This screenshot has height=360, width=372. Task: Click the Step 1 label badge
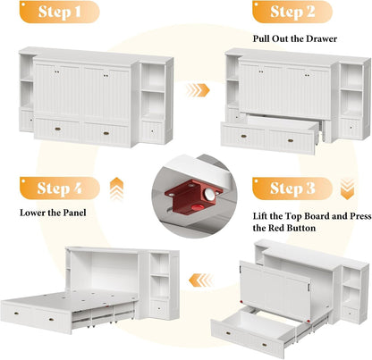pyautogui.click(x=59, y=12)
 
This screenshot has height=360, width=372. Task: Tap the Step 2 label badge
pyautogui.click(x=292, y=12)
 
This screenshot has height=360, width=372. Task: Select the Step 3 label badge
pyautogui.click(x=292, y=188)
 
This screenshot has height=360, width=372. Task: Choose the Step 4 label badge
pyautogui.click(x=60, y=188)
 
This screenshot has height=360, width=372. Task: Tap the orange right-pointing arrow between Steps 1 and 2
pyautogui.click(x=198, y=90)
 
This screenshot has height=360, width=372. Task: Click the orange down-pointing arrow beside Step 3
pyautogui.click(x=347, y=189)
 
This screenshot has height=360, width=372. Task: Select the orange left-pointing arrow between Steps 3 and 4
pyautogui.click(x=201, y=280)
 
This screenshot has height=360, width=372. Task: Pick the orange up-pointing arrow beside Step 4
pyautogui.click(x=116, y=189)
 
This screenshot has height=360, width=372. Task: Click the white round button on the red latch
pyautogui.click(x=209, y=195)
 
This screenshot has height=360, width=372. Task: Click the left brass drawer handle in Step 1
pyautogui.click(x=58, y=129)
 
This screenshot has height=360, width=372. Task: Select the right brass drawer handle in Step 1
pyautogui.click(x=106, y=133)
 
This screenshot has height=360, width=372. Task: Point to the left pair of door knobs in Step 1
pyautogui.click(x=57, y=71)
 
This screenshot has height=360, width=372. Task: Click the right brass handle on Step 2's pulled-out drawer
pyautogui.click(x=291, y=140)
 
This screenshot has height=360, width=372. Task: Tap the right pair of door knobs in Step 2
pyautogui.click(x=307, y=75)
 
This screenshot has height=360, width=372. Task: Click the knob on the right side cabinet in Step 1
pyautogui.click(x=152, y=130)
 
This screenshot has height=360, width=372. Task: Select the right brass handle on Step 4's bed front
pyautogui.click(x=51, y=320)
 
